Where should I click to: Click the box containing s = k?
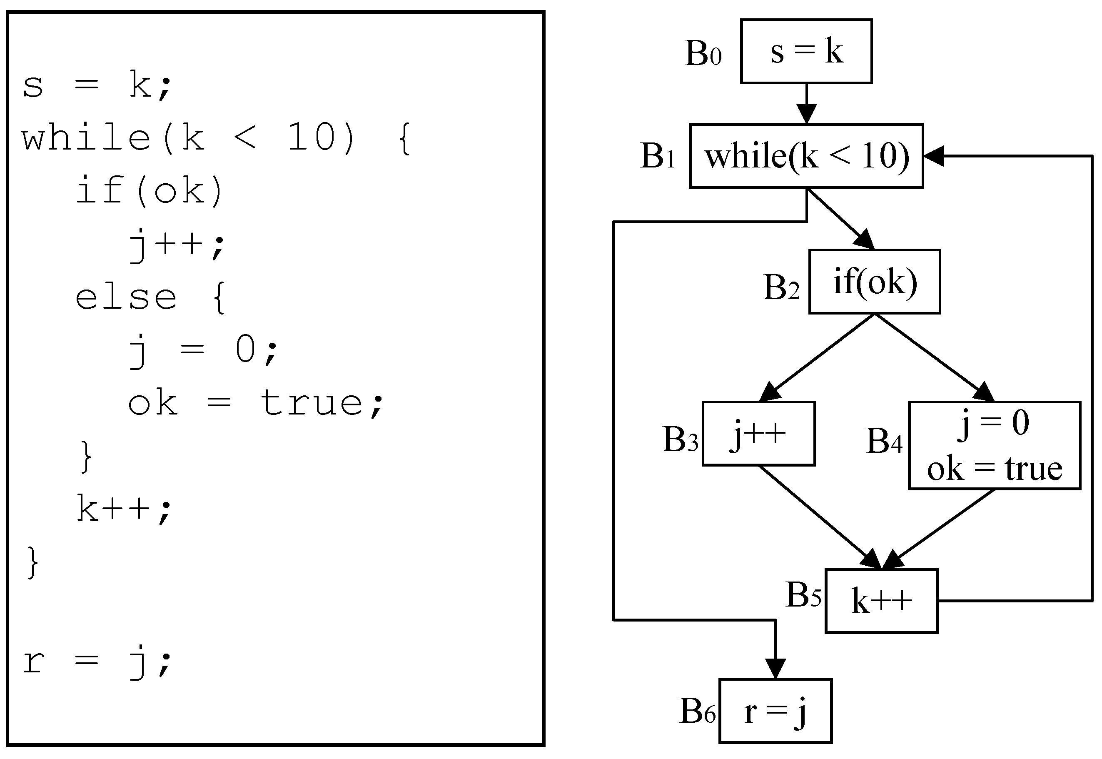point(806,51)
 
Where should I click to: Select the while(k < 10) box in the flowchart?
point(806,156)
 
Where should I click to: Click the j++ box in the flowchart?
point(758,433)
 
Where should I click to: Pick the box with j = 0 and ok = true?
point(994,446)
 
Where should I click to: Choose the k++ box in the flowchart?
point(881,601)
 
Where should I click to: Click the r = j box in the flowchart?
point(775,711)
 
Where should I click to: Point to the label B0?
point(703,53)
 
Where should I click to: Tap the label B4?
point(883,441)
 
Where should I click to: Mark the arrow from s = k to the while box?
point(806,104)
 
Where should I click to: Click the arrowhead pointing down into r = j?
point(775,668)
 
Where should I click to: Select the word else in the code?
point(126,298)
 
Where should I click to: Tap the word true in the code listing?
point(312,403)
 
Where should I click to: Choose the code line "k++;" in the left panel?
point(124,509)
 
